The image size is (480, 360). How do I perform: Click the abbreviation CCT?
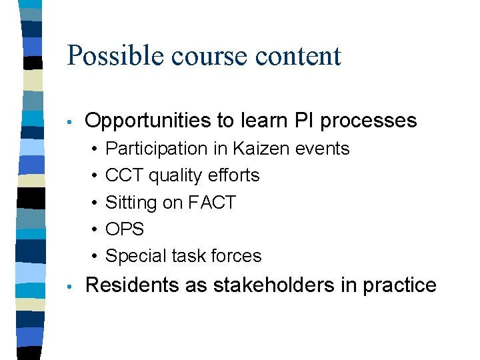tap(125, 175)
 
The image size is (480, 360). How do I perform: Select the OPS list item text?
tap(125, 229)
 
